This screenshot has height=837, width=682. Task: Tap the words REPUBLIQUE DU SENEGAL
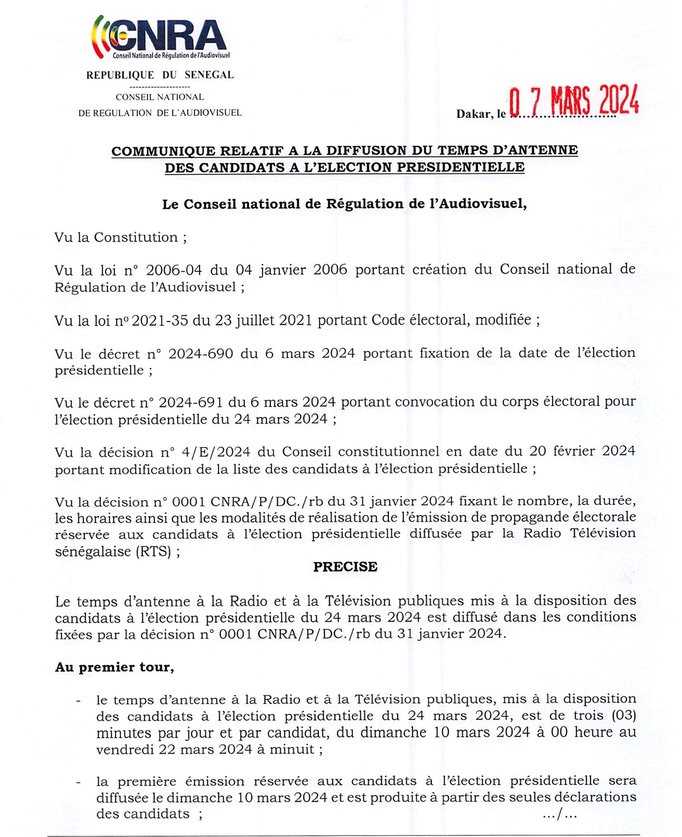point(160,75)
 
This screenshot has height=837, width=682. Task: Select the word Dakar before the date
point(474,114)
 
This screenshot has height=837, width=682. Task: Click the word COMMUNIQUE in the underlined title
point(164,151)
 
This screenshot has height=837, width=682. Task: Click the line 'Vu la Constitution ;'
point(120,238)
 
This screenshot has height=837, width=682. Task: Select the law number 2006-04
point(174,270)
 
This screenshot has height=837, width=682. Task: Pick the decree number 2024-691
point(190,402)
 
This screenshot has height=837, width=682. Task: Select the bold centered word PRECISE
point(345,567)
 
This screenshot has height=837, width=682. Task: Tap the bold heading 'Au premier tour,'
point(114,667)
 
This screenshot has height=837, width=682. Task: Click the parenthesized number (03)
point(623,716)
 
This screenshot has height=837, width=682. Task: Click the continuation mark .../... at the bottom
point(559,814)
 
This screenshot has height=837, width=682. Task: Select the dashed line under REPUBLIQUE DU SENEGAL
point(160,87)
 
